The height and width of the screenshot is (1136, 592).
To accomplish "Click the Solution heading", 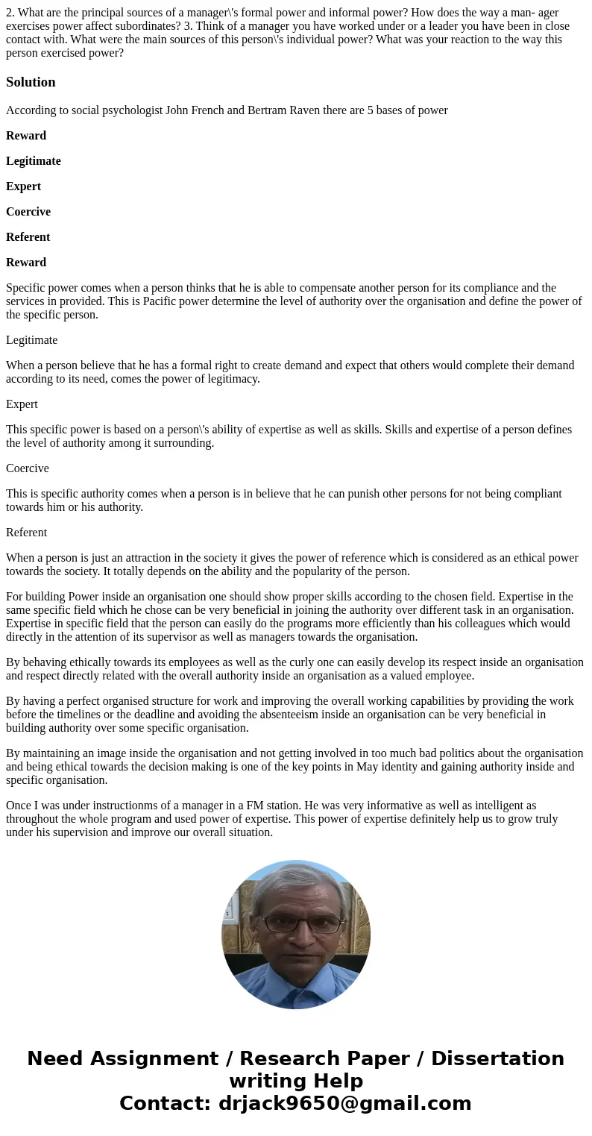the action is coord(31,82).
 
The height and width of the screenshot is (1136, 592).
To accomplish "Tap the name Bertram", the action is coord(274,110).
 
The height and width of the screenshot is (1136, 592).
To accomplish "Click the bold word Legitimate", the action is coord(34,161).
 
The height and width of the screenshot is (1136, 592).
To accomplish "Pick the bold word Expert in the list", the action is coord(23,186).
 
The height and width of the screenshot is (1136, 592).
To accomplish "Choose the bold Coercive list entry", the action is coord(28,212).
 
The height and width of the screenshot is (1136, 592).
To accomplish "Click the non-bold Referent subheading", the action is coord(26,533).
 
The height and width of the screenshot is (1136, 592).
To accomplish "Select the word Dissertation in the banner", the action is coord(497,1059).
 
